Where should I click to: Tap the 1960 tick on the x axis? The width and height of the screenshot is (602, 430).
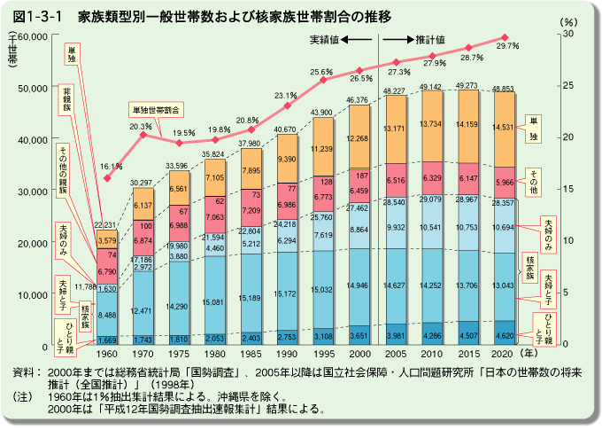[106, 355]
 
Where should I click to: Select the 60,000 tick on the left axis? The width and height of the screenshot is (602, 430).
[33, 35]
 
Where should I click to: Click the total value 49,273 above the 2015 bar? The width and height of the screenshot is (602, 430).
[467, 87]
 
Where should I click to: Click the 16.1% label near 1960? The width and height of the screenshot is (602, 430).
[110, 166]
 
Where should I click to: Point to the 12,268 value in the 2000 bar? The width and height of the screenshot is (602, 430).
[359, 138]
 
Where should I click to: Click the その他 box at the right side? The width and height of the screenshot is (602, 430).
[534, 176]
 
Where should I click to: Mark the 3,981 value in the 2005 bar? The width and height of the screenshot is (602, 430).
[394, 335]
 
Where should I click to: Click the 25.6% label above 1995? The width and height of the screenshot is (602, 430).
[321, 73]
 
